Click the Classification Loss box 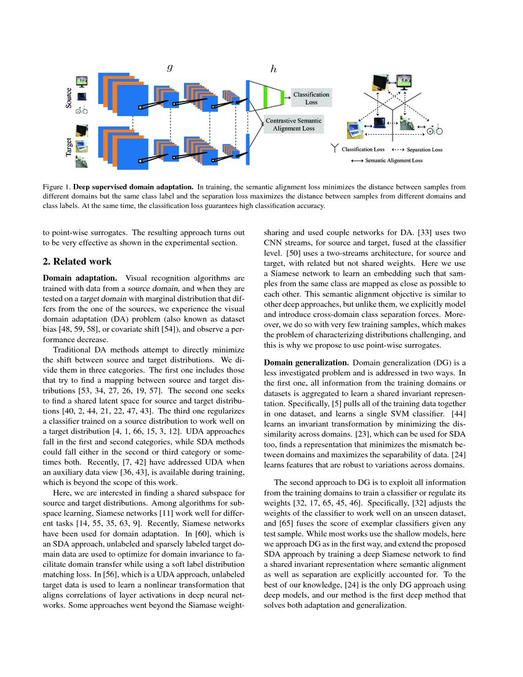[x=311, y=98]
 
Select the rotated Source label [x=69, y=98]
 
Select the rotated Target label [x=69, y=148]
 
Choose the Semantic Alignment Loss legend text [x=393, y=160]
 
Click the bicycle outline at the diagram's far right [x=435, y=130]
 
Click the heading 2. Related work [x=77, y=262]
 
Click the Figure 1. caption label [x=56, y=185]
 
